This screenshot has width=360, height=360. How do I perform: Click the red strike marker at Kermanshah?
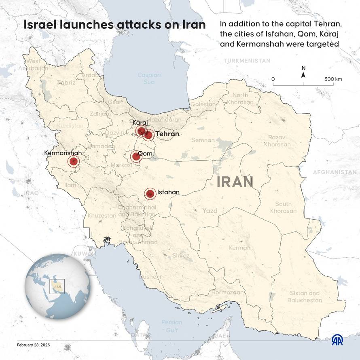[x=73, y=162]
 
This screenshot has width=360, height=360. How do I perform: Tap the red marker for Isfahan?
[x=150, y=194]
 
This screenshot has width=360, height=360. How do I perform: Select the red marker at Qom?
[x=136, y=157]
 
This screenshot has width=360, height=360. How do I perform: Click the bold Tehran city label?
[x=167, y=133]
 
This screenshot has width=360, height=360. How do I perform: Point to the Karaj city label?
[x=140, y=123]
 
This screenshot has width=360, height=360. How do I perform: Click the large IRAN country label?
[x=235, y=182]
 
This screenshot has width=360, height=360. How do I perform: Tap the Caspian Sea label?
[x=149, y=78]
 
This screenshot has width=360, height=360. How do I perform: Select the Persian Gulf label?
[x=172, y=326]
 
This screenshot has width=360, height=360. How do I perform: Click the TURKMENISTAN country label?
[x=246, y=60]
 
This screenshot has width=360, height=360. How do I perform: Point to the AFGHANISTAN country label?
[x=335, y=172]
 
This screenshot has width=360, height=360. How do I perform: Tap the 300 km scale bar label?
[x=333, y=79]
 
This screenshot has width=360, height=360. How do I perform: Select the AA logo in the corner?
[x=338, y=340]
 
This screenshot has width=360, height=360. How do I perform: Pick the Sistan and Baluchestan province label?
[x=305, y=296]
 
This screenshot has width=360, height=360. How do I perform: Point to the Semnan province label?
[x=203, y=140]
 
